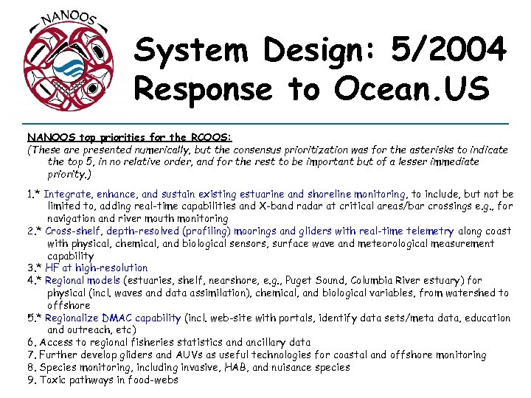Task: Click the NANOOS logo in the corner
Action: (69, 63)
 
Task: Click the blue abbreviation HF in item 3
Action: (52, 268)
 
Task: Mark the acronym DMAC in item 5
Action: (116, 318)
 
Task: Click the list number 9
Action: (31, 380)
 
